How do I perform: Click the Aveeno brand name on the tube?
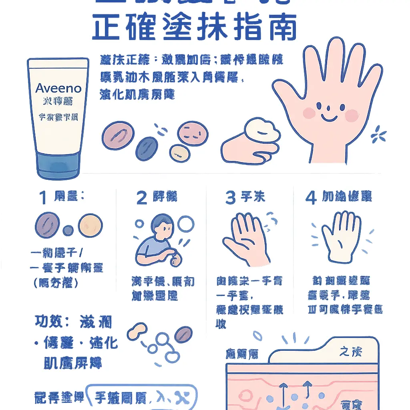point(58,88)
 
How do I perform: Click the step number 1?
point(43,198)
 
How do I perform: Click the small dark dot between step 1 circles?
point(68,230)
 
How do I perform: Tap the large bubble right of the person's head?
point(186,224)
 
